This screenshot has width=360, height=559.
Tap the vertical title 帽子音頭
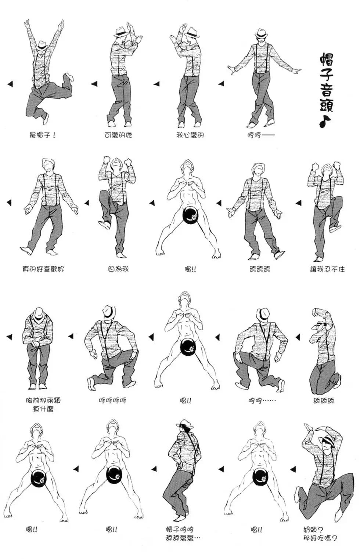pyautogui.click(x=327, y=83)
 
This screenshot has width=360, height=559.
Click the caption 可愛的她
pyautogui.click(x=118, y=135)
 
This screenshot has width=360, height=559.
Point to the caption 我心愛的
pyautogui.click(x=190, y=135)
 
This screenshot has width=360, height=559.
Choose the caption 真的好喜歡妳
pyautogui.click(x=43, y=269)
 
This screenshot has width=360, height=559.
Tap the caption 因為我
pyautogui.click(x=118, y=269)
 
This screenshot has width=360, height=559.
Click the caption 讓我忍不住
pyautogui.click(x=327, y=269)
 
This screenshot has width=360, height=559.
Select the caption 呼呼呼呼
pyautogui.click(x=112, y=401)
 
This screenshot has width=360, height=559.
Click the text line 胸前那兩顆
pyautogui.click(x=43, y=400)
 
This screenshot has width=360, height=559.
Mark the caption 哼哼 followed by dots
pyautogui.click(x=262, y=401)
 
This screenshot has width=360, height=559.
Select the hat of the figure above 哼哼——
pyautogui.click(x=261, y=34)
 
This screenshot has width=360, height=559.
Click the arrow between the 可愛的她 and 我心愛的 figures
pyautogui.click(x=156, y=84)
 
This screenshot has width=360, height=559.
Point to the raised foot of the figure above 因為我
pyautogui.click(x=104, y=225)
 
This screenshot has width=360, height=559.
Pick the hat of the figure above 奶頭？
pyautogui.click(x=328, y=441)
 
